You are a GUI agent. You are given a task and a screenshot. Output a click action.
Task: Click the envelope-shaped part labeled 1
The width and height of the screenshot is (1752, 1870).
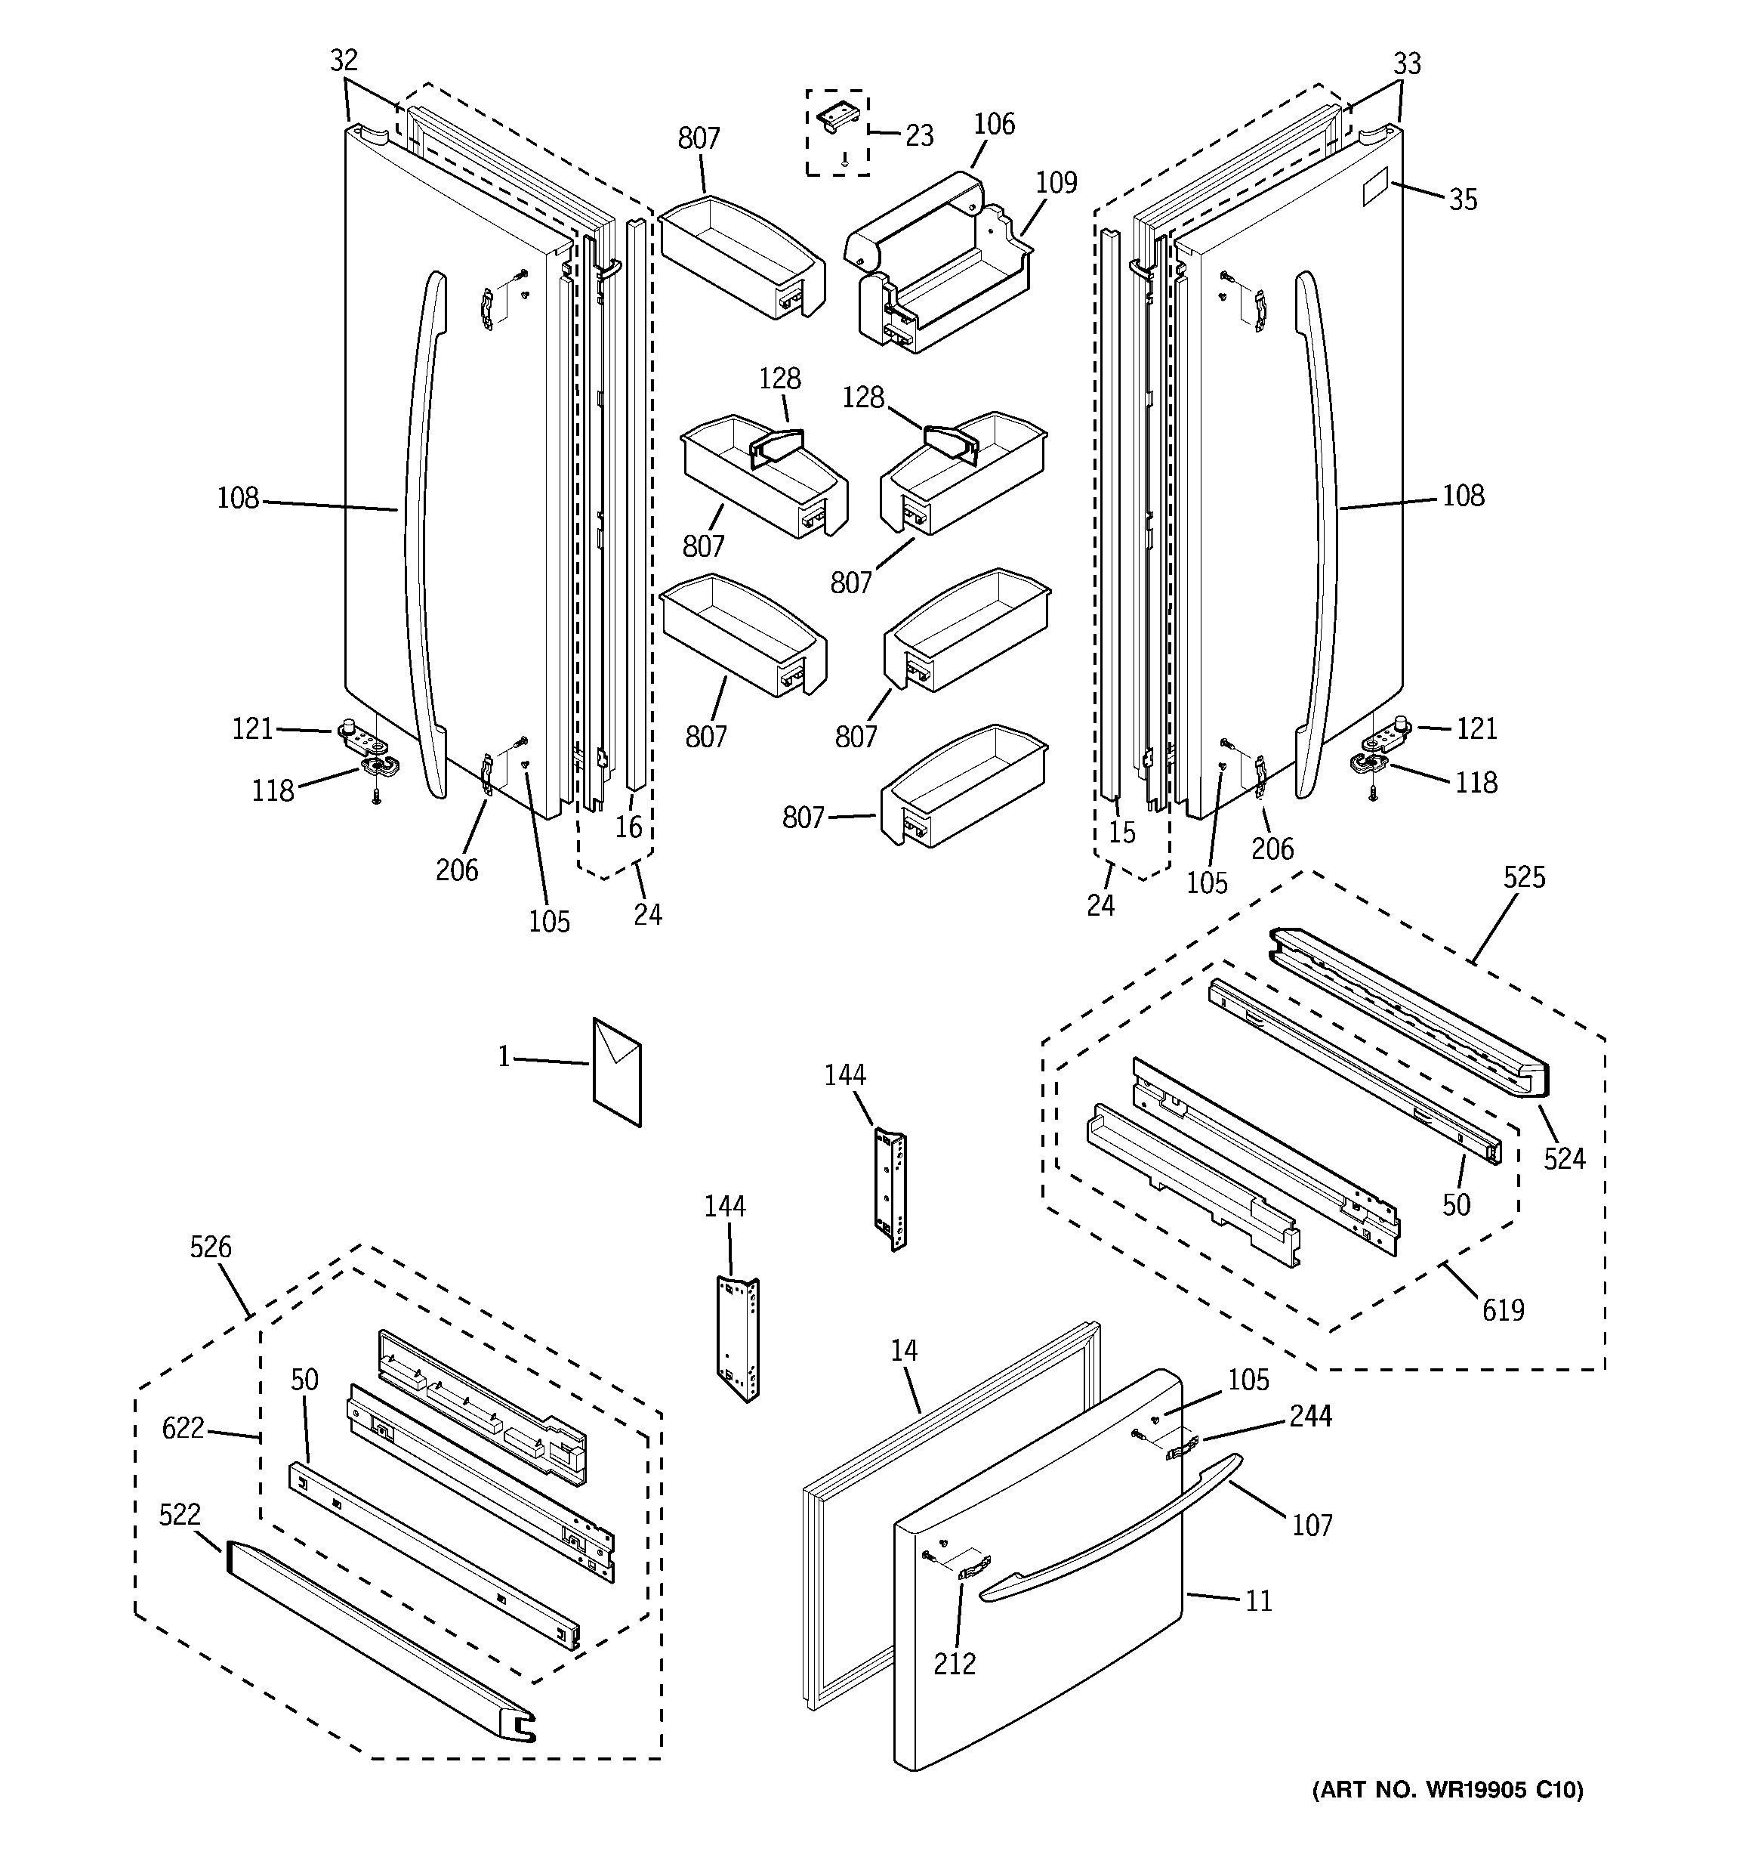pos(617,1071)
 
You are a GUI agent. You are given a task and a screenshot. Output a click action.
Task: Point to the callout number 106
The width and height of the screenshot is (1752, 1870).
pos(994,124)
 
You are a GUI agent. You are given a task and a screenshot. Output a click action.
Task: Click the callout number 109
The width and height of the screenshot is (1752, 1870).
pos(1056,183)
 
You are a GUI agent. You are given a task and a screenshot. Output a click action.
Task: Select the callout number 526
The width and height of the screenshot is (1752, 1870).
pos(210,1247)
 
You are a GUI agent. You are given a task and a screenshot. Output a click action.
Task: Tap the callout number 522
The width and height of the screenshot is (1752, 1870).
pos(180,1514)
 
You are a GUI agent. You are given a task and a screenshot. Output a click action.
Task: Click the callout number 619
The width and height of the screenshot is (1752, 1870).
pos(1503,1309)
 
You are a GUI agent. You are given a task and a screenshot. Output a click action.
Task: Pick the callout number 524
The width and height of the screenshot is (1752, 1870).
pos(1564,1159)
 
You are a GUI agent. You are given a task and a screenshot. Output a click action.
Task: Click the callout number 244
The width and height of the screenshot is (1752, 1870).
pos(1311,1416)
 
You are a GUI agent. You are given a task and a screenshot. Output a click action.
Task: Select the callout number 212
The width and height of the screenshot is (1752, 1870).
pos(955,1663)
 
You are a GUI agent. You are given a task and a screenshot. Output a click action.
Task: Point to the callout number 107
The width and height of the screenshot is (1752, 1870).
pos(1312,1525)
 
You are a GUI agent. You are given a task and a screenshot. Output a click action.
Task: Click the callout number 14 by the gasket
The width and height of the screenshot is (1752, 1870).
pos(904,1351)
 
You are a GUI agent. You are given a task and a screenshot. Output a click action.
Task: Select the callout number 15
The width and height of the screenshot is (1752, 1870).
pos(1122,833)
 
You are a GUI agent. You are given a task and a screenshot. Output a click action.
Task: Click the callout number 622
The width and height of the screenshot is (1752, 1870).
pos(183,1429)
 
